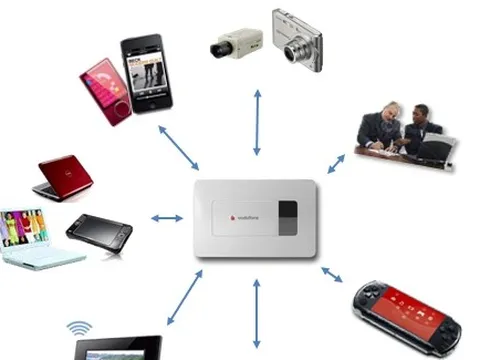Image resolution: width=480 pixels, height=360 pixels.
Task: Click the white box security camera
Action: pyautogui.click(x=235, y=45)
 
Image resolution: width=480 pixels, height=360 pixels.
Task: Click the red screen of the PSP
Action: pyautogui.click(x=402, y=304)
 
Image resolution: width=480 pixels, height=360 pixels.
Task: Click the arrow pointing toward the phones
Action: pyautogui.click(x=178, y=147)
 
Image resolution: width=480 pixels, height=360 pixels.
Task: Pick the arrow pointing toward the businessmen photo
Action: pyautogui.click(x=336, y=161)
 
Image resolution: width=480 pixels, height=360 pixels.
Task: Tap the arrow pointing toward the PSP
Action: pyautogui.click(x=331, y=271)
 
